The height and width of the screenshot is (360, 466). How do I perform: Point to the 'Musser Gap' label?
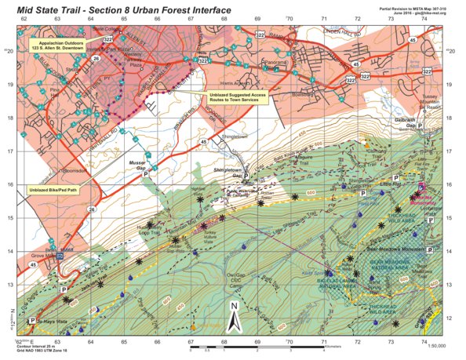point(138,165)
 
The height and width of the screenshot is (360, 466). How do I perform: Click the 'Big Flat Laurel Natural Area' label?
point(337,280)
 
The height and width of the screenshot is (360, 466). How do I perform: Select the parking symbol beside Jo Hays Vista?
point(34,321)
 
